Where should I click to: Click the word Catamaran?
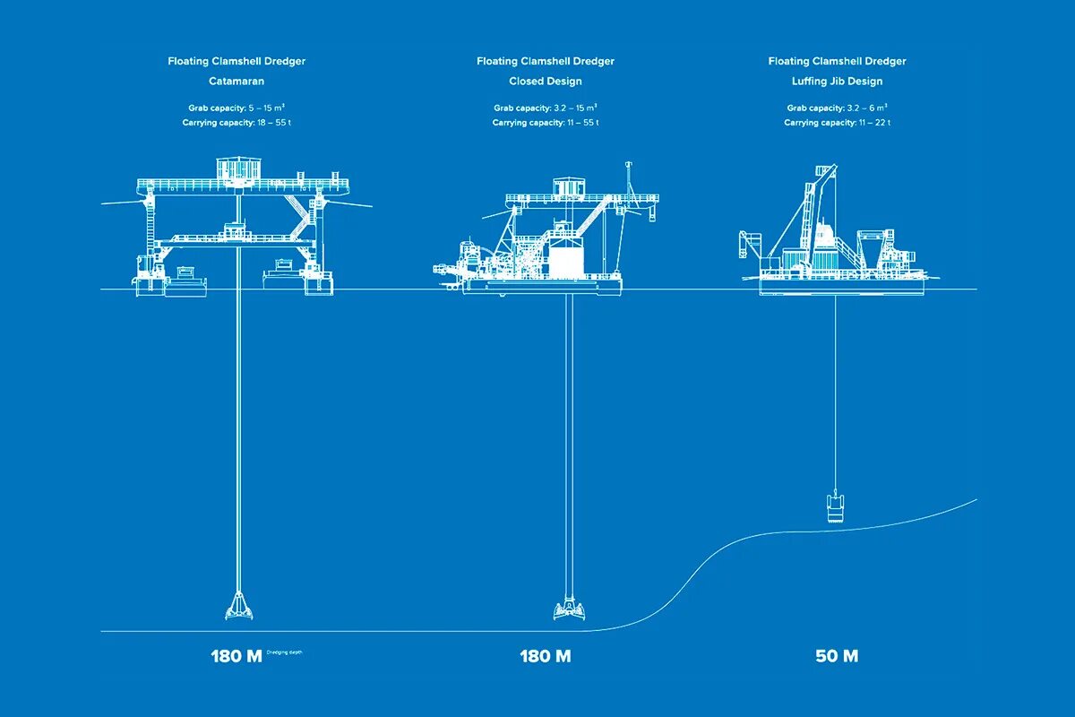[236, 82]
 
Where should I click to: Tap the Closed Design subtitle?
[546, 82]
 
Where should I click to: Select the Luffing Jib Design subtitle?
[837, 82]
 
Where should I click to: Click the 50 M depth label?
[837, 656]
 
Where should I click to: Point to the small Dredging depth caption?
[285, 652]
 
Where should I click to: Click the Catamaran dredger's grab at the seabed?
[237, 607]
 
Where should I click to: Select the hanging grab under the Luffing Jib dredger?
[835, 507]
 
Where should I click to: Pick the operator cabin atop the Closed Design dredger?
[568, 186]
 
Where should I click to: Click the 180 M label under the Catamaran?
[236, 656]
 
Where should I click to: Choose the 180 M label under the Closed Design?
[546, 656]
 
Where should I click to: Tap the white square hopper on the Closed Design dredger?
[566, 261]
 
